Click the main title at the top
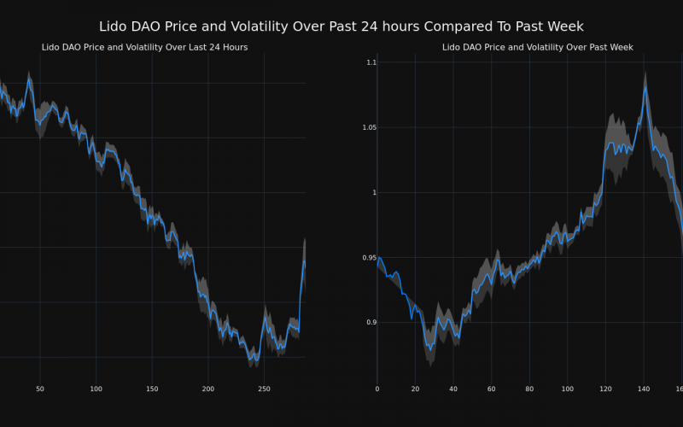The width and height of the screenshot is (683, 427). (x=341, y=27)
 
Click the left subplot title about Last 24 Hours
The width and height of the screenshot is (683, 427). (x=144, y=47)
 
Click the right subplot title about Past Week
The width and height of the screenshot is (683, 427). (x=537, y=47)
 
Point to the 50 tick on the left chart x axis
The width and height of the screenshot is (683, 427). (x=39, y=389)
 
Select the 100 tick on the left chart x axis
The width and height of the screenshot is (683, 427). (x=96, y=389)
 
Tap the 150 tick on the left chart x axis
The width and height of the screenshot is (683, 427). (x=152, y=389)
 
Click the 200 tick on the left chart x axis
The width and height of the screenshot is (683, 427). (x=208, y=389)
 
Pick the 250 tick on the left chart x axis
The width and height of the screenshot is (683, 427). (x=264, y=389)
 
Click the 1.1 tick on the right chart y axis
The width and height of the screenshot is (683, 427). (x=371, y=62)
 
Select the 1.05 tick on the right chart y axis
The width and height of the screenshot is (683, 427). (x=369, y=127)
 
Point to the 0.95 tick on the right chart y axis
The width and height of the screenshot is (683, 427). (x=369, y=257)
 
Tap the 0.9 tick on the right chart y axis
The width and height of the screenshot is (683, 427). (x=371, y=322)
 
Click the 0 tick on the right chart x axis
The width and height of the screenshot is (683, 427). (x=377, y=389)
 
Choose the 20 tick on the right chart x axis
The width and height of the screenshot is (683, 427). (x=415, y=389)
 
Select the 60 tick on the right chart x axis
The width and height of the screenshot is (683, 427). (x=492, y=389)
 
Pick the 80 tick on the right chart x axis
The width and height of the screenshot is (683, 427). (x=529, y=389)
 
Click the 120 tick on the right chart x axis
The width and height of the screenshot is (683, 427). (x=605, y=389)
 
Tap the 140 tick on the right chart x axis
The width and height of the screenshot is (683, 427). (x=644, y=389)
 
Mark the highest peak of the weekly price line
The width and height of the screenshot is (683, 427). (x=645, y=86)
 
